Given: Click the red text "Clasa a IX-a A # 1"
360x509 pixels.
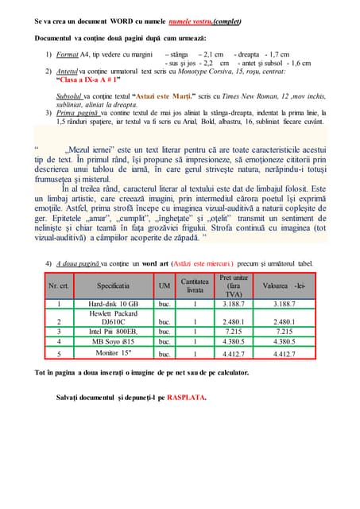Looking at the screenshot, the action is (89, 80).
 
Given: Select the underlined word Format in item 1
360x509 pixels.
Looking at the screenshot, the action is (68, 54).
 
